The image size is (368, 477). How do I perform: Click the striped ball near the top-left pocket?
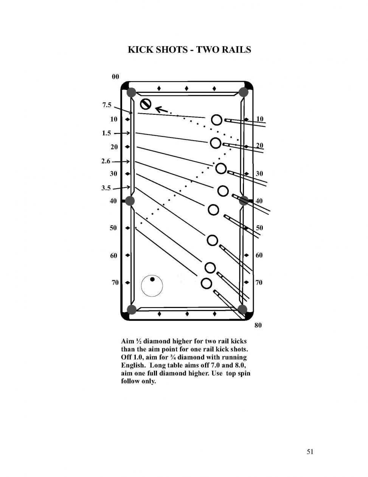(146, 104)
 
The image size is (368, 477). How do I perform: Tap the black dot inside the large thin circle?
(152, 279)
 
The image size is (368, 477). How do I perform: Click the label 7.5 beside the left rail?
(107, 105)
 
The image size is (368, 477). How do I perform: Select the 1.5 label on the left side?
(106, 133)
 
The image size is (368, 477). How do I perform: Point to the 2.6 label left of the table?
(106, 161)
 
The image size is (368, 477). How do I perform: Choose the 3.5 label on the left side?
(106, 188)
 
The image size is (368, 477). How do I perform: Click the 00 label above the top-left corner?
(115, 77)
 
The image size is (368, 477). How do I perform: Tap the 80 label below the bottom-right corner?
(258, 325)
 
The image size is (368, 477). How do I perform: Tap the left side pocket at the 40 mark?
(130, 201)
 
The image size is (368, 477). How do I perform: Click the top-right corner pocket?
(243, 92)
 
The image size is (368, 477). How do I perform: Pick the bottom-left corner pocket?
(132, 310)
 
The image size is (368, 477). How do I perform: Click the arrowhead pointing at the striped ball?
(158, 109)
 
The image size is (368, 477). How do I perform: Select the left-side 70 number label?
(115, 283)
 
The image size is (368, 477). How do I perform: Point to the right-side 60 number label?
(259, 255)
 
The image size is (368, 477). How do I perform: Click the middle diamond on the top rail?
(186, 88)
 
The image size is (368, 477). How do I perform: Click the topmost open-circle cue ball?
(217, 120)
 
